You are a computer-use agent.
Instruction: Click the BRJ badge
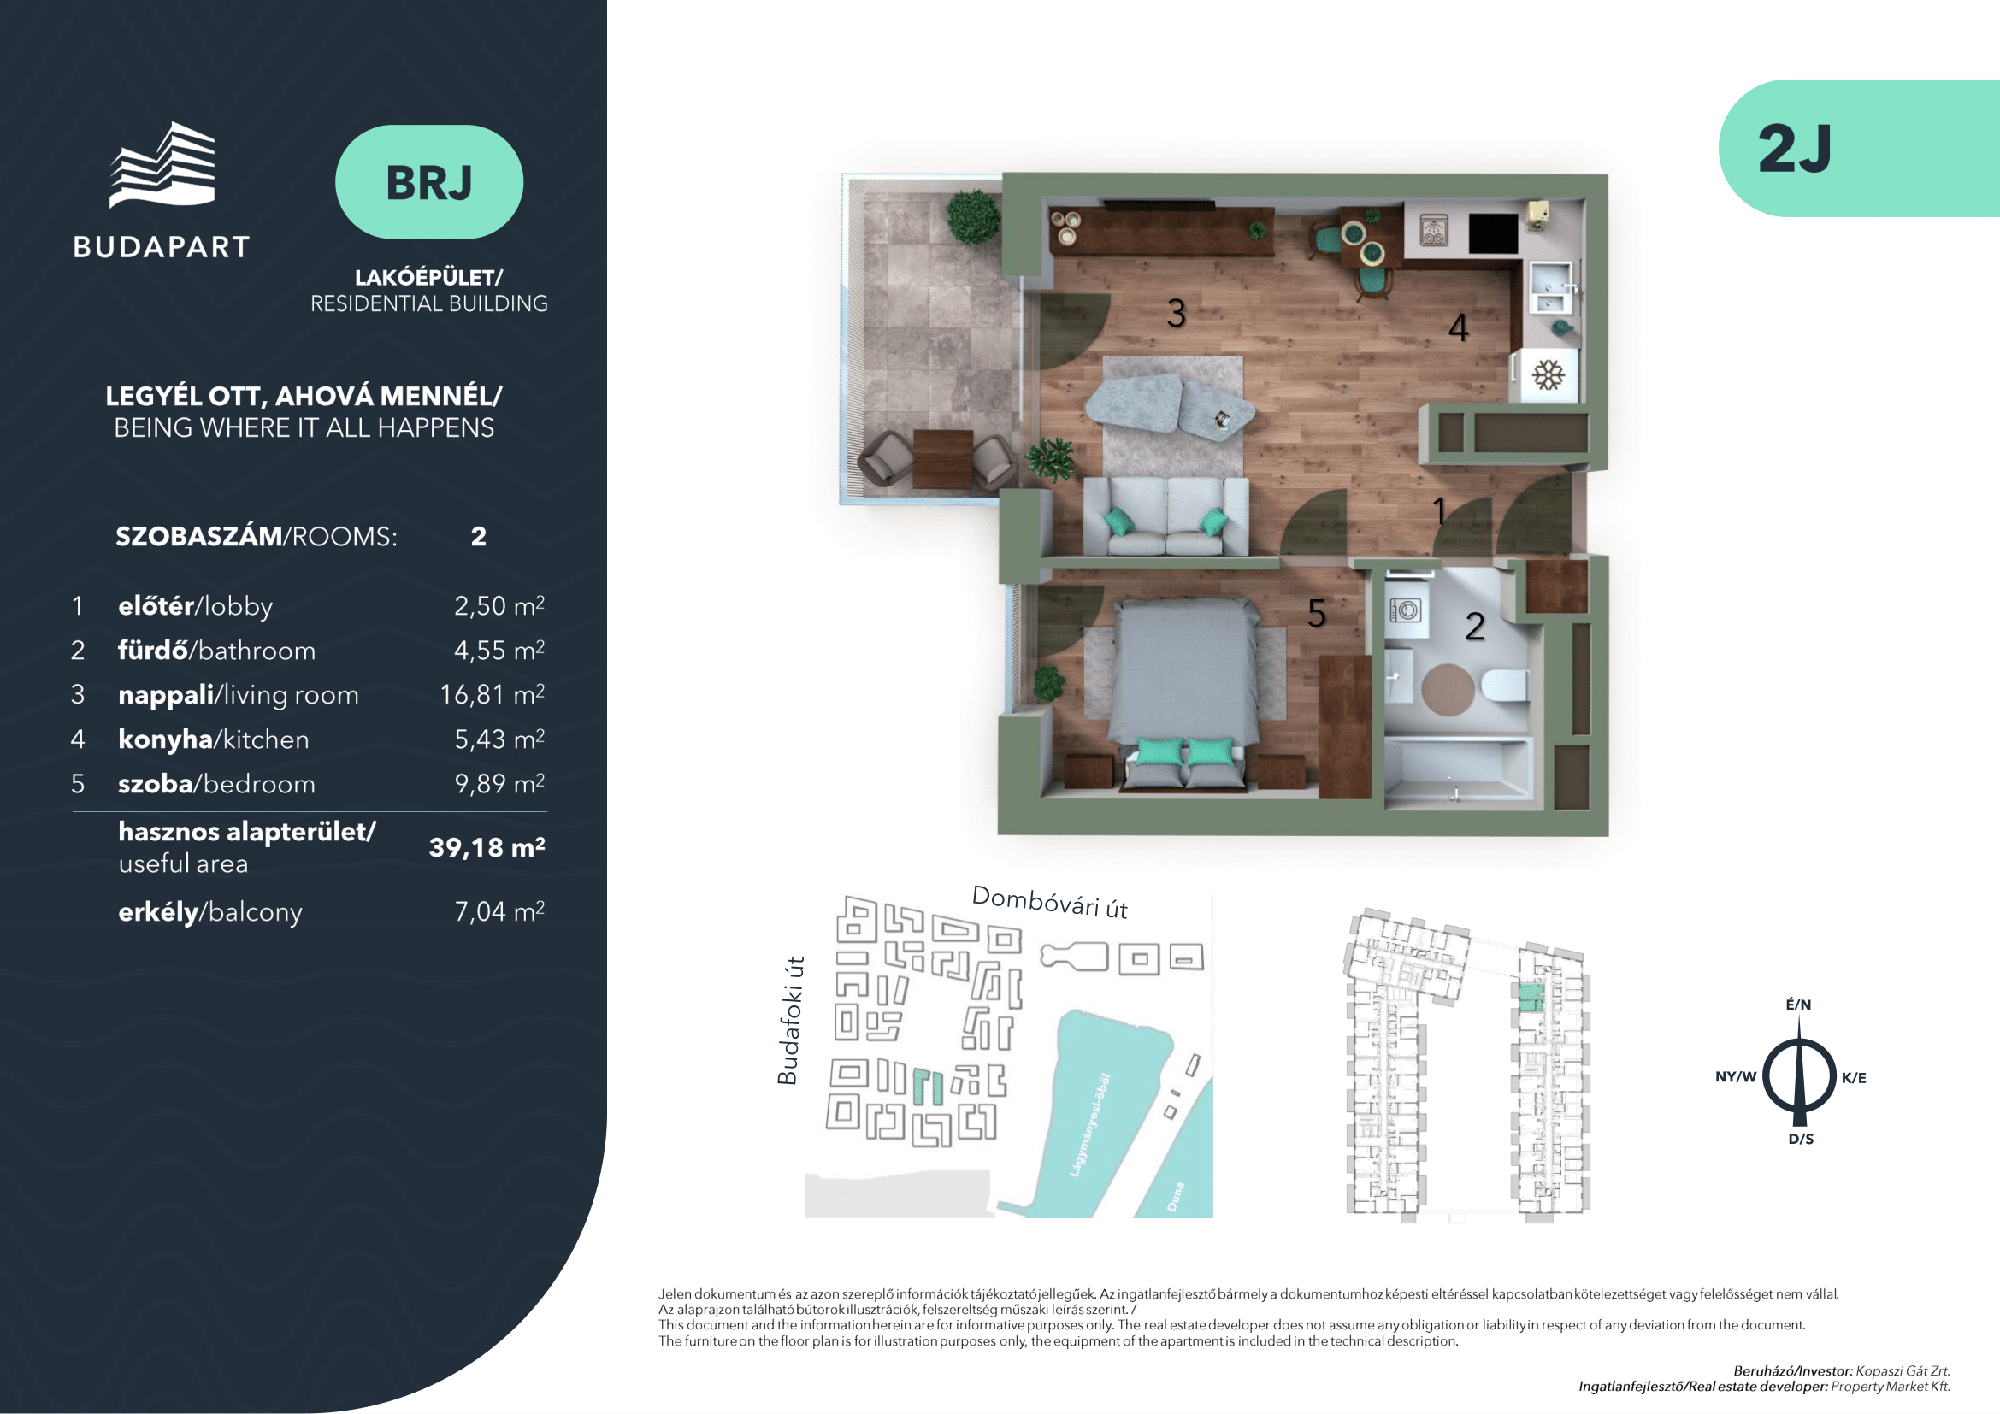click(x=428, y=182)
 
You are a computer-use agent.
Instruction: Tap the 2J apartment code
click(x=1795, y=149)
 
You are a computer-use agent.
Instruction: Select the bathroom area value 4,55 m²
click(x=499, y=650)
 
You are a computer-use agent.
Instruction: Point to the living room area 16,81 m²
click(x=493, y=694)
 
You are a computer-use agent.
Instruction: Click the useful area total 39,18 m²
click(x=487, y=847)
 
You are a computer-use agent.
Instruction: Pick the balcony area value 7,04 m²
click(x=499, y=910)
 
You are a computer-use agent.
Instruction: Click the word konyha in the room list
click(x=166, y=739)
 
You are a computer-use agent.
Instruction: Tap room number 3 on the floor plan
click(x=1176, y=314)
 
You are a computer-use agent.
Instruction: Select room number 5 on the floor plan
click(x=1316, y=614)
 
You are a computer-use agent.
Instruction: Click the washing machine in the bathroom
click(x=1405, y=610)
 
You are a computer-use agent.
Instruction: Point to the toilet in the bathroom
click(x=1504, y=686)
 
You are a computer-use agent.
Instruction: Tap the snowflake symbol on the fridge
click(x=1548, y=375)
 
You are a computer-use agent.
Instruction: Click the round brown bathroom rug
click(x=1448, y=690)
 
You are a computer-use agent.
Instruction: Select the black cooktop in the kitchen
click(x=1493, y=233)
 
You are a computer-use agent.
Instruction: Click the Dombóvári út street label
click(x=1050, y=902)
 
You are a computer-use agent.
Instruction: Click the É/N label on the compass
click(x=1799, y=1005)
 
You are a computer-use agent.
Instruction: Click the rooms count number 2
click(x=478, y=536)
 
